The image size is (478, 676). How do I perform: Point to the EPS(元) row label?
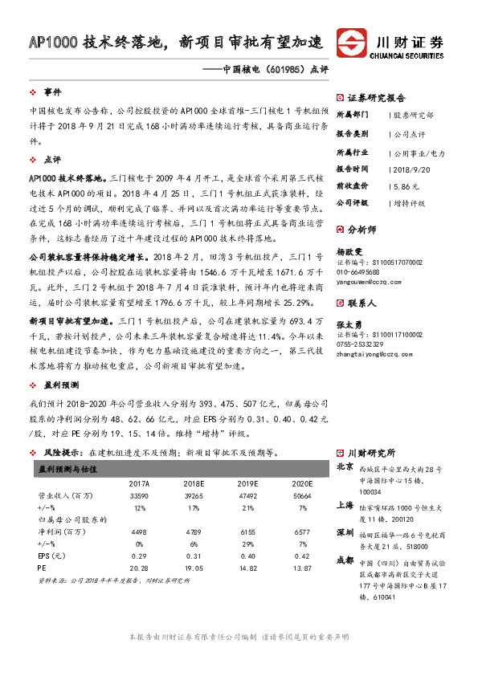click(50, 555)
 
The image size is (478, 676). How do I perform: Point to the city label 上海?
click(345, 504)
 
